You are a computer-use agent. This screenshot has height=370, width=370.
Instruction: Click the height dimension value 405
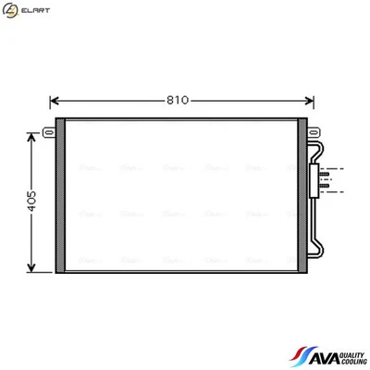(32, 202)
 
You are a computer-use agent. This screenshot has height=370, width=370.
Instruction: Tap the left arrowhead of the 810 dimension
(54, 101)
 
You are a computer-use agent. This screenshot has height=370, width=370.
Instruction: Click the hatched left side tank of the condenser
(61, 196)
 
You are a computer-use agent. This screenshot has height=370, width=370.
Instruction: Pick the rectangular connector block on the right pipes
(325, 179)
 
